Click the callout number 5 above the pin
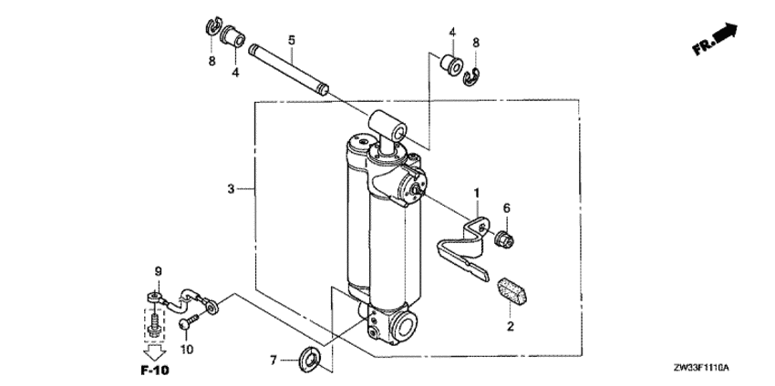(292, 40)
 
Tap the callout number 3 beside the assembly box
(232, 188)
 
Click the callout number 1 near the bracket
(475, 193)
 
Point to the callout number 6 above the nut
(507, 208)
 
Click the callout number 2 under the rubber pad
(511, 325)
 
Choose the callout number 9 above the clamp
(157, 271)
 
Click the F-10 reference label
(155, 371)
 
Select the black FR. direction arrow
(725, 35)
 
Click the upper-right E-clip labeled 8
(473, 75)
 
